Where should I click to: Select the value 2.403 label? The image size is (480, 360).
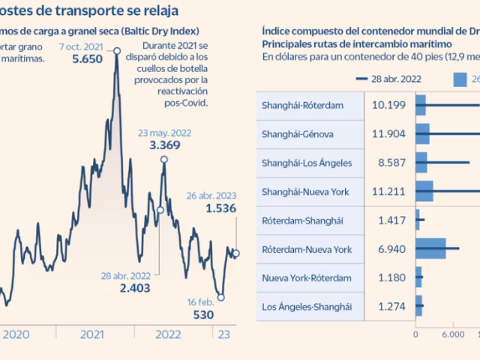[135, 287]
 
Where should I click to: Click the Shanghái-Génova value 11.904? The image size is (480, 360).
[388, 134]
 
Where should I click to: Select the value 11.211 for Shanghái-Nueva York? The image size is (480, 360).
[388, 191]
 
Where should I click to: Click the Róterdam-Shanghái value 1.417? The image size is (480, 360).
[388, 220]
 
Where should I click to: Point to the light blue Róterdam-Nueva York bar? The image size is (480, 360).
[431, 248]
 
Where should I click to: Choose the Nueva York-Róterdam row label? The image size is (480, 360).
[305, 277]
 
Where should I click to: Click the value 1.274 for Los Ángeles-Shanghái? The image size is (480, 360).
[388, 306]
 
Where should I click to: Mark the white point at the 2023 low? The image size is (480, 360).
[221, 297]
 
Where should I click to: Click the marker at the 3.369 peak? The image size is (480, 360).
[164, 159]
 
